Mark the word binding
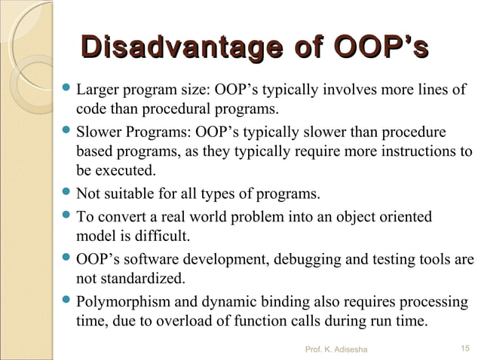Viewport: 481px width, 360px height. pyautogui.click(x=280, y=304)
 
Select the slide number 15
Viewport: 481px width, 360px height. pyautogui.click(x=464, y=349)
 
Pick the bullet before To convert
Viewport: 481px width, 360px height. pyautogui.click(x=66, y=218)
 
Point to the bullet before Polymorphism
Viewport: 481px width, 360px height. pyautogui.click(x=66, y=304)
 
